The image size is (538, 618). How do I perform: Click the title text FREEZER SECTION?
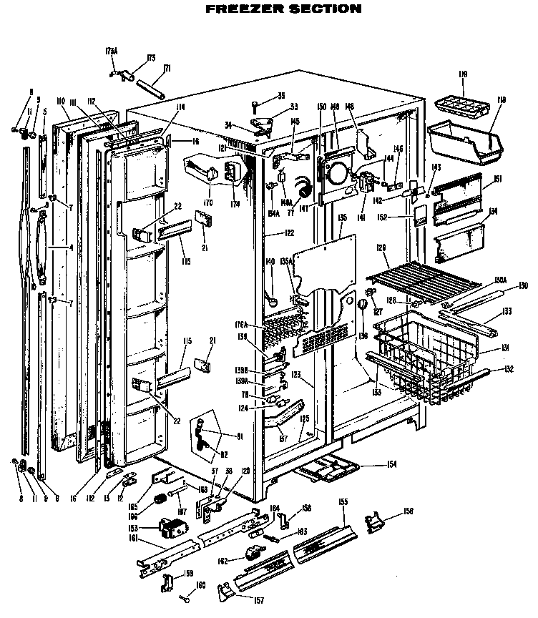click(x=283, y=9)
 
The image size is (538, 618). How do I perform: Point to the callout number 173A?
click(x=111, y=51)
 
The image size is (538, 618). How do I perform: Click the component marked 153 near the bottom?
click(x=172, y=531)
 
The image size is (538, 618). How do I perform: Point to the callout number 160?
click(x=200, y=587)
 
